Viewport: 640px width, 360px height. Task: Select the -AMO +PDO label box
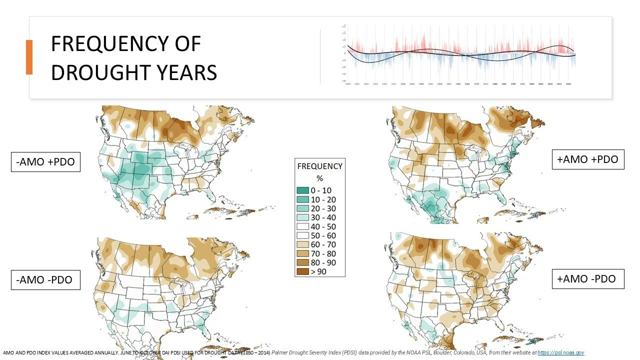tap(45, 162)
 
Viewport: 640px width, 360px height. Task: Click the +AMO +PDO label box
tap(587, 159)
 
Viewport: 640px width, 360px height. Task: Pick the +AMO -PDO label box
tap(587, 278)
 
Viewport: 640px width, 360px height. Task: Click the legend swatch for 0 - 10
tap(302, 190)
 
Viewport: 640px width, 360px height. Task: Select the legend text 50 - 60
tap(324, 235)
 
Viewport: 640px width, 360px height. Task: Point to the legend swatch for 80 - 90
tap(302, 262)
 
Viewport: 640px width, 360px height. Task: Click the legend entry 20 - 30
tap(323, 208)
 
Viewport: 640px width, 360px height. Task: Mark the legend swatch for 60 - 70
tap(302, 244)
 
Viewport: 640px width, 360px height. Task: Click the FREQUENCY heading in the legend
tap(320, 166)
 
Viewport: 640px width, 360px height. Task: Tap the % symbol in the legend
tap(320, 178)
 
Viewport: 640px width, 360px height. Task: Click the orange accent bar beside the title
tap(29, 57)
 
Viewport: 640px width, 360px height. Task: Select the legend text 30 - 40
tap(323, 217)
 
